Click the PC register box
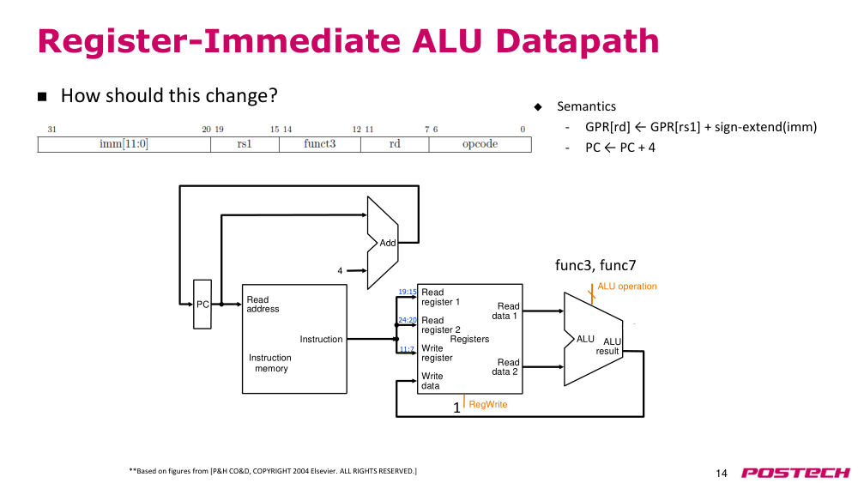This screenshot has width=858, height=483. [202, 305]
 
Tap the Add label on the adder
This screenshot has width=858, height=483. [388, 243]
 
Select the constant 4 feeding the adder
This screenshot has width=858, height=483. [340, 271]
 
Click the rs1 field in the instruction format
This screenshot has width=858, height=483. [245, 144]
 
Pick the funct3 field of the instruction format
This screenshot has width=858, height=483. [319, 144]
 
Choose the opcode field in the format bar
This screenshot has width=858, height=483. [480, 144]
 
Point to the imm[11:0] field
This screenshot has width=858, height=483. [124, 144]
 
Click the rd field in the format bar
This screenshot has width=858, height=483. [395, 144]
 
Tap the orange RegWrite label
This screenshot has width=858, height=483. [488, 404]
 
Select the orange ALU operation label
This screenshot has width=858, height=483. [627, 286]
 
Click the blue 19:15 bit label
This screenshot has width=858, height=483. [407, 292]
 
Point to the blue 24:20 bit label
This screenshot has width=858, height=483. [407, 320]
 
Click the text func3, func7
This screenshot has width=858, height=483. [595, 265]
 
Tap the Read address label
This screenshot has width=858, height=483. [263, 305]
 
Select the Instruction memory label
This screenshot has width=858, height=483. [270, 363]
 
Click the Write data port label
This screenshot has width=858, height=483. [432, 381]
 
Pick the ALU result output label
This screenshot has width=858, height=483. [608, 347]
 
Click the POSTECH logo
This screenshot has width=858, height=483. [795, 473]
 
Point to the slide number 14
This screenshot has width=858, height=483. [722, 474]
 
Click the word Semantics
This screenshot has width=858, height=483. [586, 106]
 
